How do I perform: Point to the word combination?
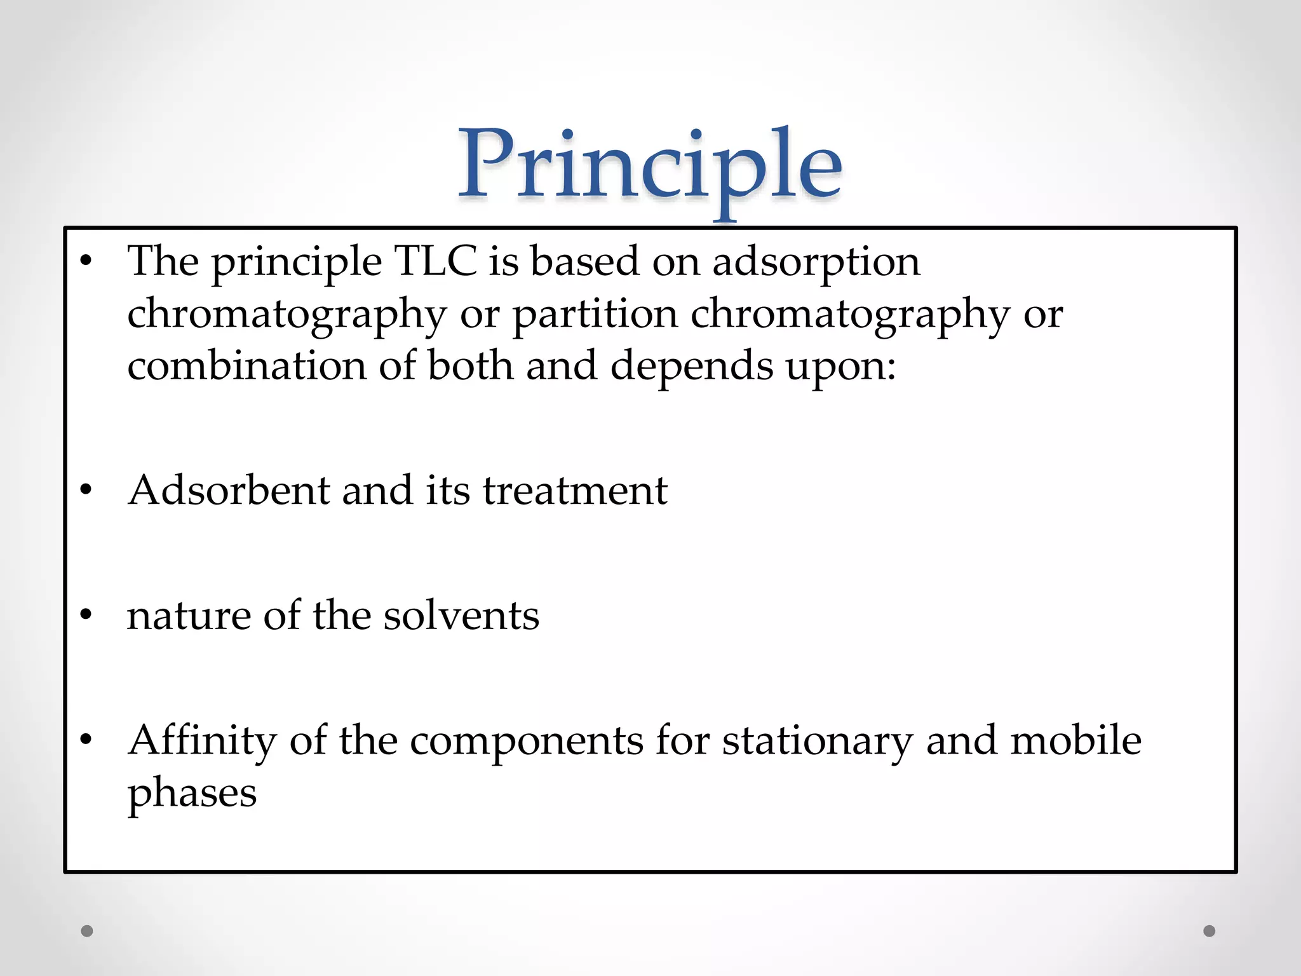click(247, 366)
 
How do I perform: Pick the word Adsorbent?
click(229, 491)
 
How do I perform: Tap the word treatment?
click(575, 491)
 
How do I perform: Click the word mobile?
click(1076, 741)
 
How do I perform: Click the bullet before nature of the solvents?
click(86, 615)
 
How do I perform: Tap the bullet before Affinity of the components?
click(86, 740)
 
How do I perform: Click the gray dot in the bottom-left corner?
click(87, 931)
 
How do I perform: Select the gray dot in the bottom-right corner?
click(1210, 931)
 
